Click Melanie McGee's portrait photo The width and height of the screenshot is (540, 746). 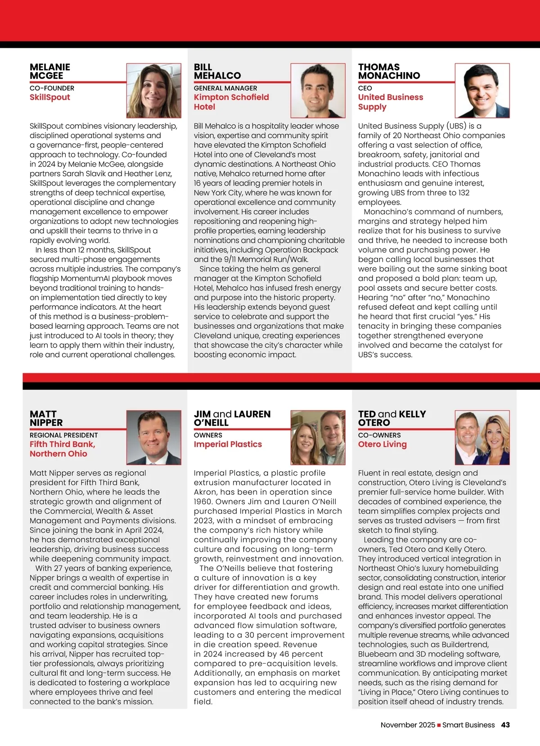pyautogui.click(x=153, y=90)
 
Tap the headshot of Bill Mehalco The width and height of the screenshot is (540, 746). pyautogui.click(x=318, y=90)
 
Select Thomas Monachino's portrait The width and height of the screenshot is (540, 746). pyautogui.click(x=482, y=90)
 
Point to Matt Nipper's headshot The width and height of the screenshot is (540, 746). pyautogui.click(x=153, y=438)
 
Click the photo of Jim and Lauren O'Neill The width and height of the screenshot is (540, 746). pyautogui.click(x=318, y=438)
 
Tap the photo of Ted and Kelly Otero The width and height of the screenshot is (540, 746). pyautogui.click(x=482, y=438)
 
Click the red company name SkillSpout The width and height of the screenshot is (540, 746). pyautogui.click(x=50, y=97)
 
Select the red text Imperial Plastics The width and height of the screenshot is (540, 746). pyautogui.click(x=228, y=444)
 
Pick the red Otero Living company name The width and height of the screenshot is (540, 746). pyautogui.click(x=382, y=444)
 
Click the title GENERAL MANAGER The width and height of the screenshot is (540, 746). pyautogui.click(x=225, y=88)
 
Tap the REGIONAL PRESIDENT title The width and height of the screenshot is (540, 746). pyautogui.click(x=63, y=435)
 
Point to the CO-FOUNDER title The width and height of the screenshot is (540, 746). pyautogui.click(x=52, y=88)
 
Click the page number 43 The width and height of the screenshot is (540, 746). pyautogui.click(x=505, y=725)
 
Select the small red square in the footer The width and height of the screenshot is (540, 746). pyautogui.click(x=439, y=725)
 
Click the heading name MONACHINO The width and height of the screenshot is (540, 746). pyautogui.click(x=389, y=76)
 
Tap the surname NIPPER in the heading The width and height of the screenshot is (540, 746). pyautogui.click(x=46, y=423)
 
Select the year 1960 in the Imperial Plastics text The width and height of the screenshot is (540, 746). pyautogui.click(x=202, y=502)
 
